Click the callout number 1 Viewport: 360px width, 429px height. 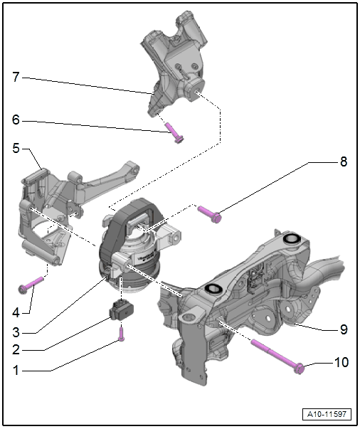[16, 370]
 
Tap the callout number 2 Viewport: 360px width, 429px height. [16, 349]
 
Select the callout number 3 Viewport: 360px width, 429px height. [16, 332]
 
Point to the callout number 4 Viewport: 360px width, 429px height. [16, 312]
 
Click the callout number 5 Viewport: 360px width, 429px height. [16, 148]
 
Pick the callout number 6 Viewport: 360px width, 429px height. [16, 120]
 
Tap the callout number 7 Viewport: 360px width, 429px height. [16, 77]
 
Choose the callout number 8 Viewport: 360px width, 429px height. [344, 161]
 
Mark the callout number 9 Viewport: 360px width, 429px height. [344, 329]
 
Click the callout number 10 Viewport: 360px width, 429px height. [342, 362]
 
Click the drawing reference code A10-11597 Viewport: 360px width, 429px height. [327, 414]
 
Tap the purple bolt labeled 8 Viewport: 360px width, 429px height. [210, 214]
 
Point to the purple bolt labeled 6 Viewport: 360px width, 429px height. [174, 133]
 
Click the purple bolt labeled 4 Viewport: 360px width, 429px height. [31, 285]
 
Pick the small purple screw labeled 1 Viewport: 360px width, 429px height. [122, 334]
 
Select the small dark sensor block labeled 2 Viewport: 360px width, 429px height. [122, 310]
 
